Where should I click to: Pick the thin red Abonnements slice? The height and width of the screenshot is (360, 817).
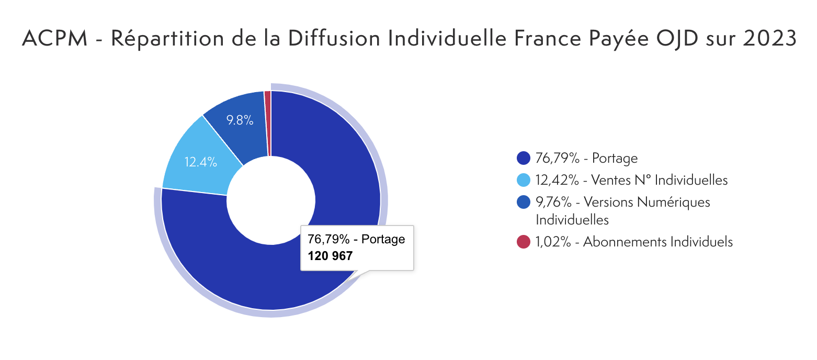[x=268, y=123]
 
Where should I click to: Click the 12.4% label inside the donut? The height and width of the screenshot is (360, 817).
[x=201, y=162]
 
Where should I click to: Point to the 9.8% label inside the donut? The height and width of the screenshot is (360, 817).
[x=240, y=120]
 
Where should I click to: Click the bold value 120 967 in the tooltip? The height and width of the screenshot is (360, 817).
[x=330, y=256]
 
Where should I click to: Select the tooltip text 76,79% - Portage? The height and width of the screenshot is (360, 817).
[x=356, y=240]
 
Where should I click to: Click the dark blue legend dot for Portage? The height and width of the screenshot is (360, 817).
[x=524, y=158]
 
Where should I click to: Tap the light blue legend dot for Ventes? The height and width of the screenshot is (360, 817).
[x=524, y=181]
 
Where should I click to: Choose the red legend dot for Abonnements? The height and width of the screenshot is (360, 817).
[x=524, y=242]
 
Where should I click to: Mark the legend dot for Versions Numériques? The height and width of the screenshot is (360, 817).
[x=524, y=202]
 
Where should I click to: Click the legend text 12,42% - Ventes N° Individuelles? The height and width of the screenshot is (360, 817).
[x=632, y=181]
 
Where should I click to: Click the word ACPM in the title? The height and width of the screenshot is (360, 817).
[x=54, y=39]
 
